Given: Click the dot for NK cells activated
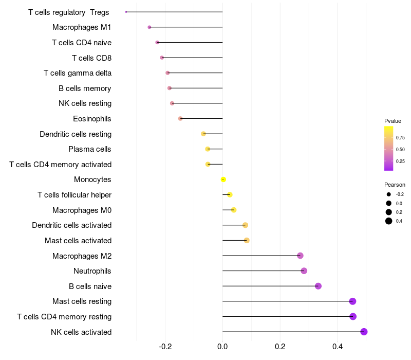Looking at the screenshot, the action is coord(364,332).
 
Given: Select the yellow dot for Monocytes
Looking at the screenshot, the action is coord(223,179).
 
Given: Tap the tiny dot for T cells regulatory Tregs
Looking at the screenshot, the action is coord(126,12).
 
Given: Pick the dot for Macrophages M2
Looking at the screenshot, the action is coord(300,256).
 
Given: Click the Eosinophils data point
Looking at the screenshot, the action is coord(180,119).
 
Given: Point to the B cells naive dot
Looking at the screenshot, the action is coord(318,286).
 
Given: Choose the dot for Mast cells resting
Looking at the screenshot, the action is coord(352,301).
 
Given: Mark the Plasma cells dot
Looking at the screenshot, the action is coord(208,149).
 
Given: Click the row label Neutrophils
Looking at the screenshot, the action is coord(92,271).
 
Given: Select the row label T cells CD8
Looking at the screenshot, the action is coord(92,58).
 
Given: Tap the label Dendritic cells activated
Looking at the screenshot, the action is coord(72,225).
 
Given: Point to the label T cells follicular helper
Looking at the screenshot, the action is coord(74,195).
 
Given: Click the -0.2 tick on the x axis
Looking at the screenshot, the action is coord(165,347).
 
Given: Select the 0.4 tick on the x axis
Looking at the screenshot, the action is coord(338,347).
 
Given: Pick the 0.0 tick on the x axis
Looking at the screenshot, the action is coord(222,347).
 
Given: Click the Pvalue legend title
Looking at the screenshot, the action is coord(393,121).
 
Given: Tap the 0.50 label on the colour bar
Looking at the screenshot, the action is coord(400,150).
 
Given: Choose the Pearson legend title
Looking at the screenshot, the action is coord(395,185).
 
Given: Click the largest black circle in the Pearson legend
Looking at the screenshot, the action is coord(389,221).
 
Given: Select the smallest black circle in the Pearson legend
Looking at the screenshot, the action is coord(389,194).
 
